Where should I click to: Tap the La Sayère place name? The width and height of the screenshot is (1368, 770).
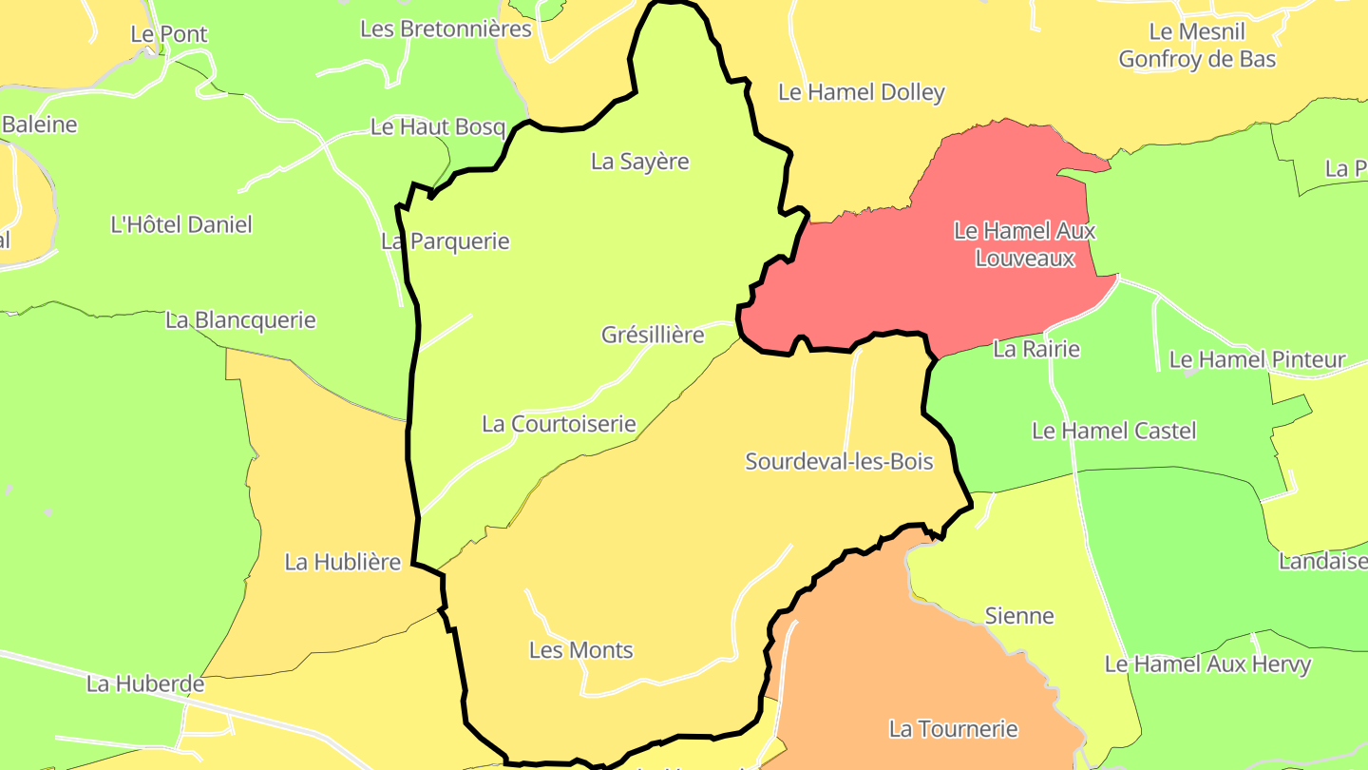[x=639, y=162]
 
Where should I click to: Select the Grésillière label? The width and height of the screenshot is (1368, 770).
[x=653, y=335]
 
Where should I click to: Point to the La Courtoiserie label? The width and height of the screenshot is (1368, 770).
[x=559, y=424]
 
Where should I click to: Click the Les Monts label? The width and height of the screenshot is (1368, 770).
[x=580, y=651]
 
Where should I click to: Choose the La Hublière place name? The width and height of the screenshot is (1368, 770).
[x=343, y=562]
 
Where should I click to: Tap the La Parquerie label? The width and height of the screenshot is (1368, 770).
[x=446, y=241]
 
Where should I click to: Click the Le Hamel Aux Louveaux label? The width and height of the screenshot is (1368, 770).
[x=1025, y=244]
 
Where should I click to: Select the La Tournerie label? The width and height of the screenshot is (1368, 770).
[x=953, y=729]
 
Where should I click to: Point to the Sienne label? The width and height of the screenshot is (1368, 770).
[x=1019, y=616]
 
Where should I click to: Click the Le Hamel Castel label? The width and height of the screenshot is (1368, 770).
[x=1113, y=431]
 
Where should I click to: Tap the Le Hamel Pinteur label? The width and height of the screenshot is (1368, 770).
[x=1257, y=359]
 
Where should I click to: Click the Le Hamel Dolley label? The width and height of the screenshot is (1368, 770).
[x=862, y=92]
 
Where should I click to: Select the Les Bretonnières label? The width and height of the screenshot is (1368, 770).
[x=446, y=29]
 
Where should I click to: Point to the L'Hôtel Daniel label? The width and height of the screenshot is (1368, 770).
[x=181, y=225]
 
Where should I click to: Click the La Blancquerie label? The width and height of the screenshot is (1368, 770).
[x=240, y=320]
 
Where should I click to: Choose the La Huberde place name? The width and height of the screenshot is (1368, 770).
[x=145, y=683]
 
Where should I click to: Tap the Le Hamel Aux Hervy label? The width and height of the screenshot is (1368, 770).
[x=1207, y=664]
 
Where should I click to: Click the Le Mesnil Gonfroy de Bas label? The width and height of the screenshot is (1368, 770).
[x=1197, y=45]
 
